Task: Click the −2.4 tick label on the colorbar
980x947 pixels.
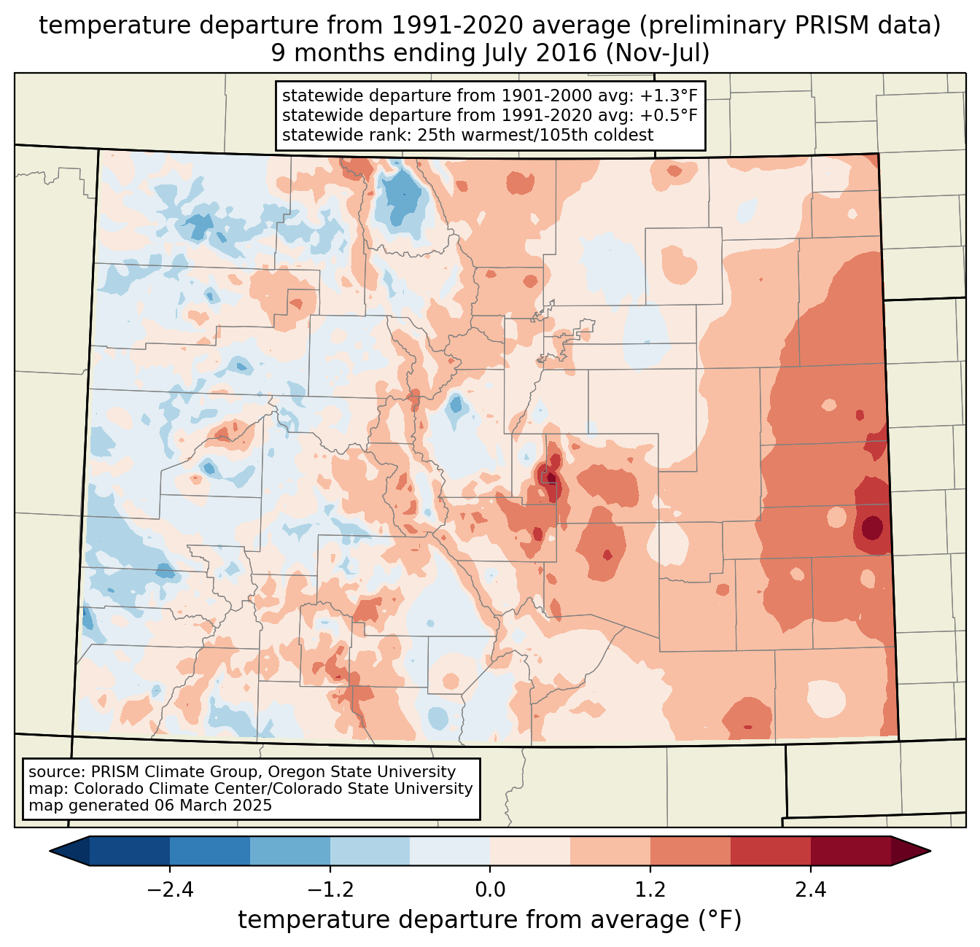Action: pyautogui.click(x=170, y=890)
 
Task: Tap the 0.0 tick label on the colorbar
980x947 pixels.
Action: pyautogui.click(x=490, y=890)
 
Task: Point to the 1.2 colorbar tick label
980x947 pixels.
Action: pyautogui.click(x=650, y=890)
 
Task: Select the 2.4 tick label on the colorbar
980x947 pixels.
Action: pyautogui.click(x=810, y=890)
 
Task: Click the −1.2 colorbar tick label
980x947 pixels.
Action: pyautogui.click(x=330, y=890)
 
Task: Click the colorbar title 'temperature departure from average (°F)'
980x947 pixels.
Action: pyautogui.click(x=490, y=920)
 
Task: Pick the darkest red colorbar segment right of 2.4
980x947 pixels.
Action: pyautogui.click(x=850, y=851)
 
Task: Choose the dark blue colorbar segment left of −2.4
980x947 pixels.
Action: pyautogui.click(x=130, y=851)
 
